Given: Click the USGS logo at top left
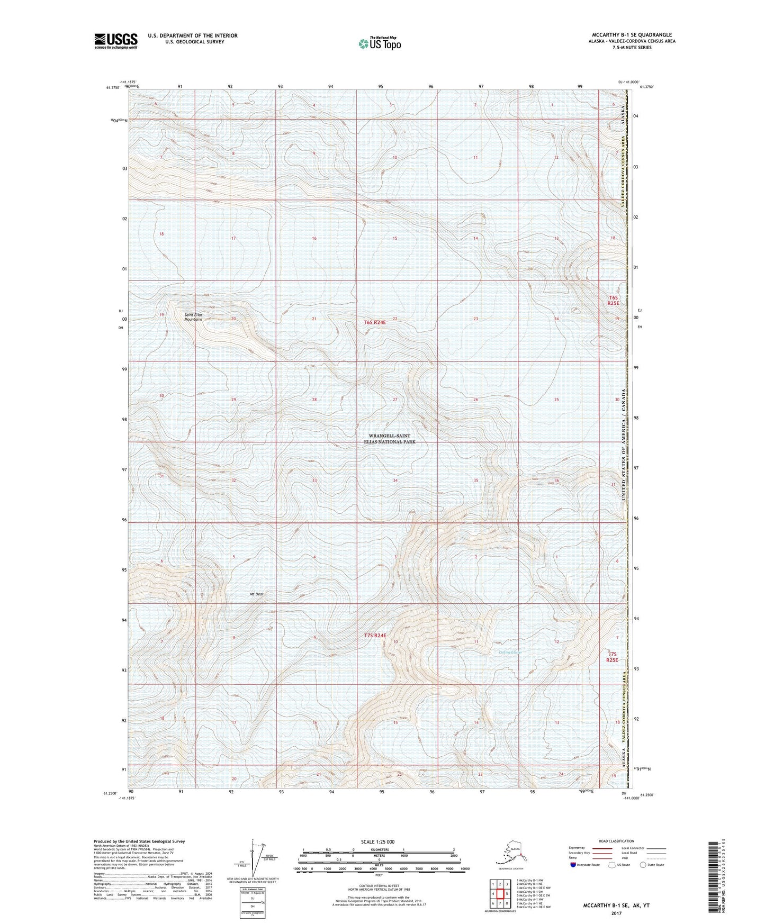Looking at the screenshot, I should (x=115, y=41).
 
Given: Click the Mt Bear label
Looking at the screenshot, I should (x=256, y=594).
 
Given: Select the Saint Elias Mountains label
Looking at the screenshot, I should (x=193, y=317).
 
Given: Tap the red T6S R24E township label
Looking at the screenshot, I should (x=379, y=322).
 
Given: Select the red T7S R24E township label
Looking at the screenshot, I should (x=375, y=635).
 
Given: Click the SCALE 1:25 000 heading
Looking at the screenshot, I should (x=378, y=841).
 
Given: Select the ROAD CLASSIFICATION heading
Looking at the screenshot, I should (x=616, y=841).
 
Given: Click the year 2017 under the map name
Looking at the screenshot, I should (x=616, y=913).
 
